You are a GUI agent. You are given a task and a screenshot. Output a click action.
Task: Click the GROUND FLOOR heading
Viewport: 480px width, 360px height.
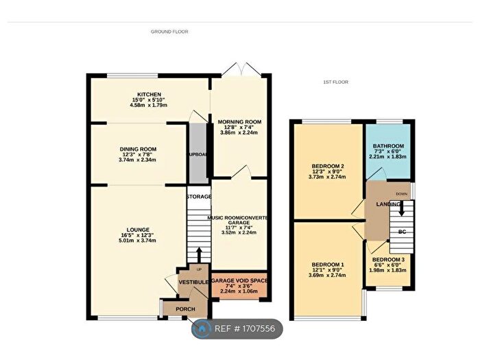tap(169, 32)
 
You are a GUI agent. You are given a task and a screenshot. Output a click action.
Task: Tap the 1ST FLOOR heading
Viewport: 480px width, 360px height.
tap(335, 82)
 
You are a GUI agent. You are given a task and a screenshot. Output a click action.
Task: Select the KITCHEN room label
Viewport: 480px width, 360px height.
tap(149, 94)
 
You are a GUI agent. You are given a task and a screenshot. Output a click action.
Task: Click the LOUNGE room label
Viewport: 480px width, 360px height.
tap(138, 229)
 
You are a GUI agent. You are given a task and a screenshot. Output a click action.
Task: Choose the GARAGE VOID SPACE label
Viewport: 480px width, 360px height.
tap(239, 281)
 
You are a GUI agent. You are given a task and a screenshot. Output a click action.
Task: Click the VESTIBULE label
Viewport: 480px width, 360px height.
tap(193, 282)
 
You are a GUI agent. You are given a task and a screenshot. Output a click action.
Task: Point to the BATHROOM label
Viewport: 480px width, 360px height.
tap(388, 146)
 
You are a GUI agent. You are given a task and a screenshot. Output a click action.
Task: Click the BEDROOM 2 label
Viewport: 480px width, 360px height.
tap(327, 166)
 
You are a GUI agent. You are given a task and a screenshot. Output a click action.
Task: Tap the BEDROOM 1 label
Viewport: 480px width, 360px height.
tap(327, 265)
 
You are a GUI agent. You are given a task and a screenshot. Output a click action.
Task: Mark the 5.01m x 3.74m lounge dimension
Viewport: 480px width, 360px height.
tap(138, 241)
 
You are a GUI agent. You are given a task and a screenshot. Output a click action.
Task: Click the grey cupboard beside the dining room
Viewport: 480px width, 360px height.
tap(197, 154)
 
